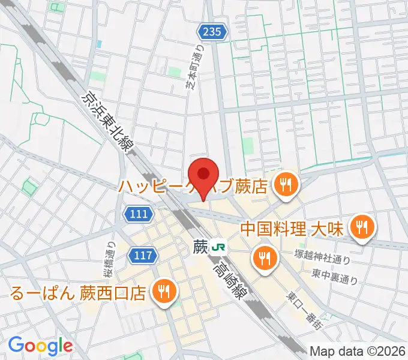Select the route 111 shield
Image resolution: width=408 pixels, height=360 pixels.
[138, 214]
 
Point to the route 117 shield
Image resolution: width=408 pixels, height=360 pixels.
[143, 256]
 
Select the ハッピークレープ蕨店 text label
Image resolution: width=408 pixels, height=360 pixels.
[193, 187]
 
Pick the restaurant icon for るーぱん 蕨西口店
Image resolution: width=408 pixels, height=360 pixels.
[163, 292]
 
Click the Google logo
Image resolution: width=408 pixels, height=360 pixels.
[40, 346]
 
